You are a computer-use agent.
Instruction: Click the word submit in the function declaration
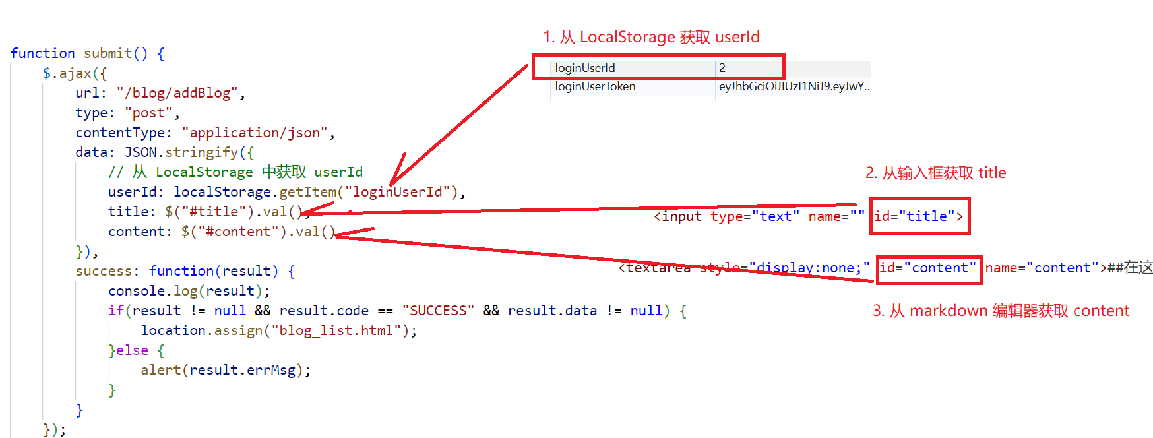pyautogui.click(x=108, y=53)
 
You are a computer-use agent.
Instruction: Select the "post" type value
pyautogui.click(x=148, y=113)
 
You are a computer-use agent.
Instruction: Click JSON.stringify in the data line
pyautogui.click(x=181, y=152)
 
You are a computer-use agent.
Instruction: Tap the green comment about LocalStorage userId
pyautogui.click(x=235, y=172)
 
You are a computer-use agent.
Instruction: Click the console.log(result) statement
pyautogui.click(x=189, y=291)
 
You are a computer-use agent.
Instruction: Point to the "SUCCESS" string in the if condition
pyautogui.click(x=438, y=311)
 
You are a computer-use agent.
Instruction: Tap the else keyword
pyautogui.click(x=132, y=350)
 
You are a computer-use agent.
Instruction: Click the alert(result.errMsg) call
pyautogui.click(x=225, y=370)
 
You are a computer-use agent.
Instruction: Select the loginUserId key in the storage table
pyautogui.click(x=585, y=68)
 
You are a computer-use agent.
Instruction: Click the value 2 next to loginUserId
pyautogui.click(x=722, y=68)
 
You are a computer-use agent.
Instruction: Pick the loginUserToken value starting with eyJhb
pyautogui.click(x=794, y=86)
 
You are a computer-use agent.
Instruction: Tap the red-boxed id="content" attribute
pyautogui.click(x=927, y=268)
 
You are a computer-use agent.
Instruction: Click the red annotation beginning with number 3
pyautogui.click(x=1001, y=311)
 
